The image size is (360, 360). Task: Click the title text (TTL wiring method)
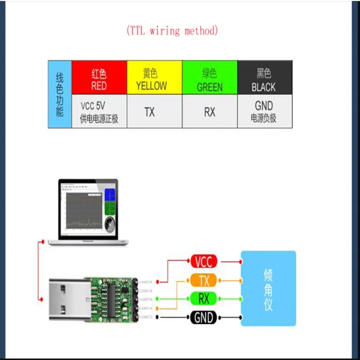pyautogui.click(x=172, y=31)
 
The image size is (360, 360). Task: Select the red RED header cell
pyautogui.click(x=99, y=77)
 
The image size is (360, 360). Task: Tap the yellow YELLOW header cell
pyautogui.click(x=154, y=77)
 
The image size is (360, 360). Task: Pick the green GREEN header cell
pyautogui.click(x=209, y=77)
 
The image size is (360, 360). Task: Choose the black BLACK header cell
pyautogui.click(x=264, y=77)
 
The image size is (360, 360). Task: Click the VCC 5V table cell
pyautogui.click(x=99, y=112)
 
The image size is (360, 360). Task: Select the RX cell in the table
pyautogui.click(x=209, y=112)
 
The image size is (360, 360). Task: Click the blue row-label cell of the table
pyautogui.click(x=60, y=94)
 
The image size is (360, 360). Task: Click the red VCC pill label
pyautogui.click(x=203, y=262)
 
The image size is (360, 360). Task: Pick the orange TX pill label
pyautogui.click(x=203, y=280)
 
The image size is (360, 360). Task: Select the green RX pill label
pyautogui.click(x=203, y=299)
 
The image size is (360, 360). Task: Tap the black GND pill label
pyautogui.click(x=203, y=317)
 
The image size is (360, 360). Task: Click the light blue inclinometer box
pyautogui.click(x=268, y=288)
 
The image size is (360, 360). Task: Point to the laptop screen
pyautogui.click(x=88, y=209)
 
